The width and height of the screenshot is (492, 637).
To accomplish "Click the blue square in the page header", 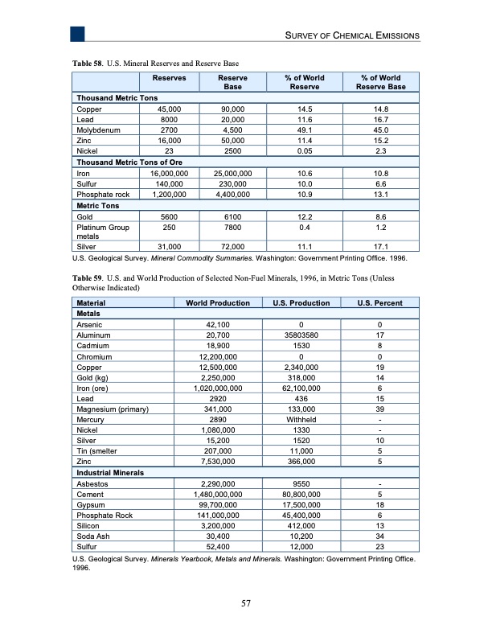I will coord(77,33).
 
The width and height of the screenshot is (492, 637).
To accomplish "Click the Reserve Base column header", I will coord(233,83).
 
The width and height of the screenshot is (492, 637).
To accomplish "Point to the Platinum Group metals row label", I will coord(96,232).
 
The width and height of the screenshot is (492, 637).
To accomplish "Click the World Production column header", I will coord(217,302).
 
